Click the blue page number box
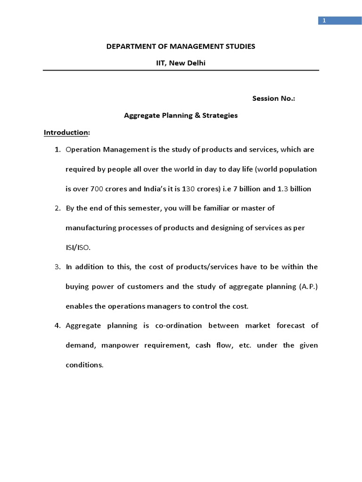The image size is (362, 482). click(x=333, y=20)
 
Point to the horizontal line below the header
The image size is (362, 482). click(x=181, y=71)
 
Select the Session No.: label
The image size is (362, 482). click(x=273, y=98)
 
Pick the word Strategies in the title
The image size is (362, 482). click(x=220, y=115)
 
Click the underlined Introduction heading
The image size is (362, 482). click(x=66, y=132)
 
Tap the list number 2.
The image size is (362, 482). click(x=57, y=208)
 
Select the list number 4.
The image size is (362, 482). click(x=57, y=326)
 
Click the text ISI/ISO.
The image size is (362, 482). click(x=78, y=247)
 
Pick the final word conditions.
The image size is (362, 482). click(x=84, y=365)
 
